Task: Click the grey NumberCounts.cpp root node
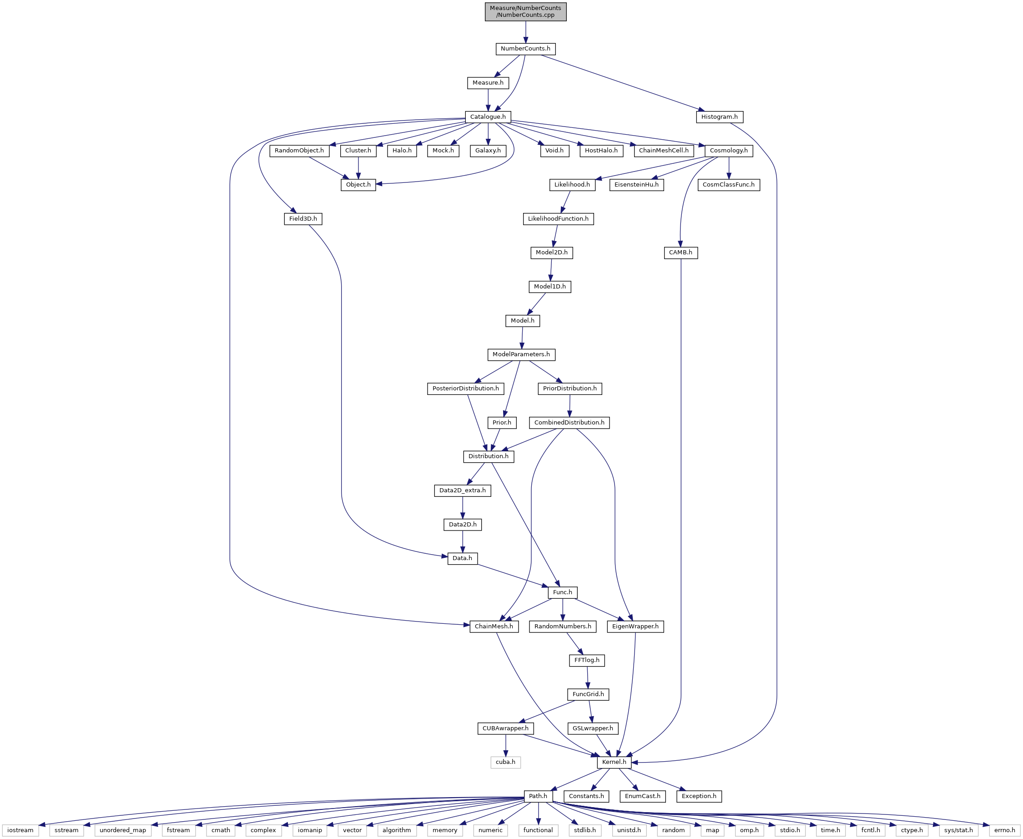pyautogui.click(x=525, y=11)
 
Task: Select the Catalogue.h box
pyautogui.click(x=488, y=117)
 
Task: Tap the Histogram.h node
pyautogui.click(x=719, y=117)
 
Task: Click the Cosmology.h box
pyautogui.click(x=728, y=151)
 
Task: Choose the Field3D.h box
pyautogui.click(x=303, y=219)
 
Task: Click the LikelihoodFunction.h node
pyautogui.click(x=558, y=219)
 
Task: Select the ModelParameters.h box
pyautogui.click(x=521, y=355)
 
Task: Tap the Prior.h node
pyautogui.click(x=502, y=423)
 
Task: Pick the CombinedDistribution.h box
pyautogui.click(x=569, y=423)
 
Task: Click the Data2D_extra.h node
pyautogui.click(x=463, y=490)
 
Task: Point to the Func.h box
pyautogui.click(x=563, y=592)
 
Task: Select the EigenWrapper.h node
pyautogui.click(x=635, y=627)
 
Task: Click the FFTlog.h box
pyautogui.click(x=587, y=661)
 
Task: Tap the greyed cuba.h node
pyautogui.click(x=505, y=763)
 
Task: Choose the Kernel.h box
pyautogui.click(x=614, y=763)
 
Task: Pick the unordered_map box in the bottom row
pyautogui.click(x=123, y=831)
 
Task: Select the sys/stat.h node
pyautogui.click(x=958, y=831)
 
